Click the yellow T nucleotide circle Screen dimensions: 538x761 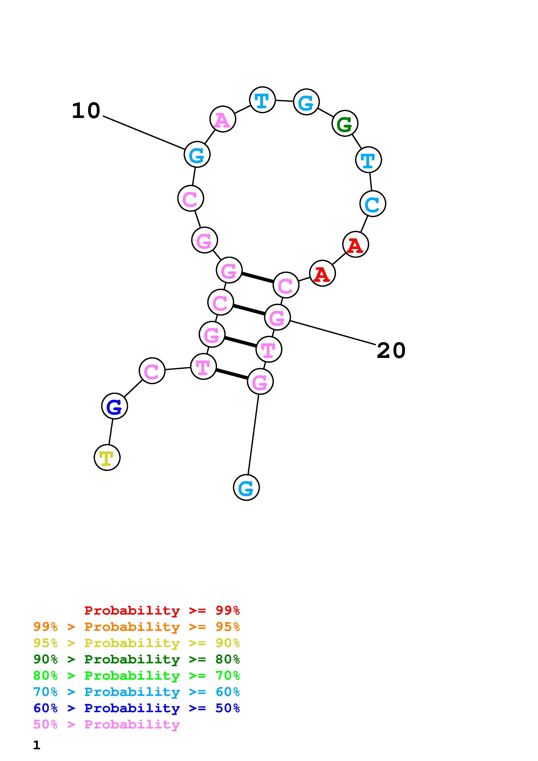[x=107, y=457]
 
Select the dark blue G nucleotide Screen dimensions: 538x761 [x=114, y=406]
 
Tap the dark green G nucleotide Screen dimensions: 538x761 [x=345, y=123]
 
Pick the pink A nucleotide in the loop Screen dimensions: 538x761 [x=223, y=119]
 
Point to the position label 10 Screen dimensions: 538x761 [x=86, y=110]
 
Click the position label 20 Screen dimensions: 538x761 [x=391, y=350]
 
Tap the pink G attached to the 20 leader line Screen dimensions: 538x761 [x=277, y=318]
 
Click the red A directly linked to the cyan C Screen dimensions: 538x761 [x=355, y=245]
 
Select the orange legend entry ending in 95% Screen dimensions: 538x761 [x=137, y=627]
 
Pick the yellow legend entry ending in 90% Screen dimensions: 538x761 [x=137, y=643]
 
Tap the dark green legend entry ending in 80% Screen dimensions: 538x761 [x=137, y=659]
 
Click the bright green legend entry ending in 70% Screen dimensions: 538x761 [x=137, y=676]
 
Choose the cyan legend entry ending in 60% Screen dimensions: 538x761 [x=137, y=692]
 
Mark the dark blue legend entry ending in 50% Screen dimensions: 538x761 [x=137, y=708]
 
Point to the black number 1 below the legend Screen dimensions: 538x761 [x=36, y=745]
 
